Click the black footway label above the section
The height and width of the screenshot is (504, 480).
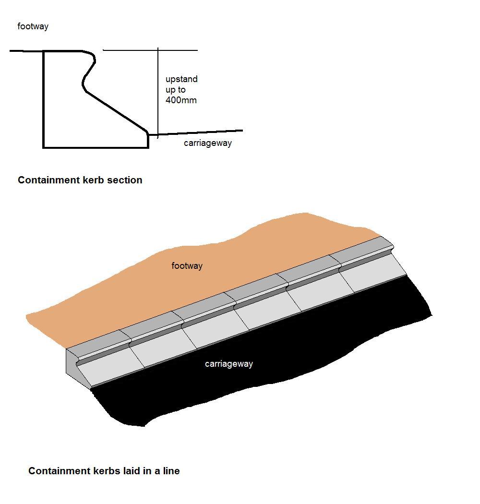(33, 26)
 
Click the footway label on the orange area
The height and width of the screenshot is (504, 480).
(187, 265)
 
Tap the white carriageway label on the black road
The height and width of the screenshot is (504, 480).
(228, 364)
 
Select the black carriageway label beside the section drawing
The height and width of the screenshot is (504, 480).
(207, 143)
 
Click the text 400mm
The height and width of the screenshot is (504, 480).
(181, 100)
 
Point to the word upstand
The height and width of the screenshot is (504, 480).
(181, 79)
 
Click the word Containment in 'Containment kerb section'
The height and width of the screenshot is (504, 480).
(48, 180)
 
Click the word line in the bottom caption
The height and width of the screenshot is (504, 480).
(170, 471)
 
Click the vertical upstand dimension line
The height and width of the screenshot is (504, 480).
(158, 91)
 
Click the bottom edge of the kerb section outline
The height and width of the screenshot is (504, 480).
(96, 147)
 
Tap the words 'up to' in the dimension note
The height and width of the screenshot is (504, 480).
(176, 90)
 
